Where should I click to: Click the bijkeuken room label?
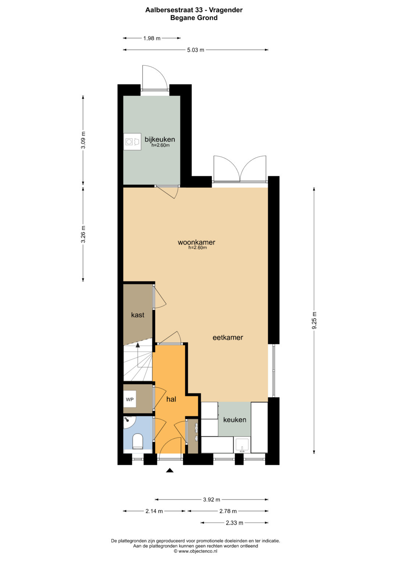tap(160, 139)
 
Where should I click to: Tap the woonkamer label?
tap(197, 242)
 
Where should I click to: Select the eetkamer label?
tap(228, 337)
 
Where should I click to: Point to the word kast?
tap(137, 314)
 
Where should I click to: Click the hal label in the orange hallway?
tap(171, 399)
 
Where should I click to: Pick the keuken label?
tap(235, 420)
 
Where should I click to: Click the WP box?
tap(130, 399)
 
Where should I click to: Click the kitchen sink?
tap(242, 445)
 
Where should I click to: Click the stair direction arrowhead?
tap(137, 345)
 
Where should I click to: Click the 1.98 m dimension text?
tap(151, 38)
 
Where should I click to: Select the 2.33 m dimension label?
tap(235, 523)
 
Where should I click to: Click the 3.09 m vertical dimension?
tap(83, 140)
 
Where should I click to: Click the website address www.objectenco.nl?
tap(196, 551)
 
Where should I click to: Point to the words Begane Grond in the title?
tap(194, 18)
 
